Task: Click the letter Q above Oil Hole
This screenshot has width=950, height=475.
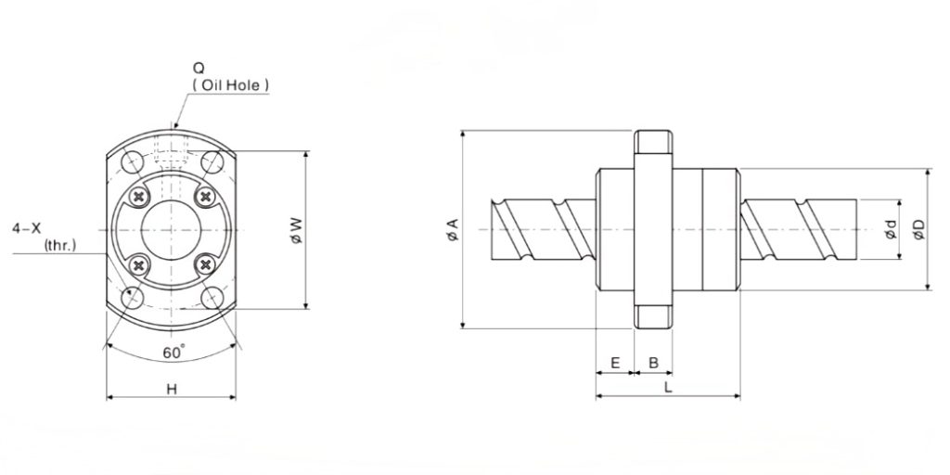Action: tap(199, 69)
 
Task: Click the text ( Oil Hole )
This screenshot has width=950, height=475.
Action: tap(230, 85)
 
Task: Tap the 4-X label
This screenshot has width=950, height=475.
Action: tap(27, 228)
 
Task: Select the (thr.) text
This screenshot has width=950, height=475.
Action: tap(60, 245)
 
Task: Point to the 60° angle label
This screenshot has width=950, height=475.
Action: tap(173, 352)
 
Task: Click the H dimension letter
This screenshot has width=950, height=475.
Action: tap(172, 390)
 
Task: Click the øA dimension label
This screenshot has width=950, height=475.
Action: tap(453, 230)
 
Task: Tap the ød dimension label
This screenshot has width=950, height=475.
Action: tap(892, 230)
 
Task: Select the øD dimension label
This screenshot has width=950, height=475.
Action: tap(919, 230)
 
